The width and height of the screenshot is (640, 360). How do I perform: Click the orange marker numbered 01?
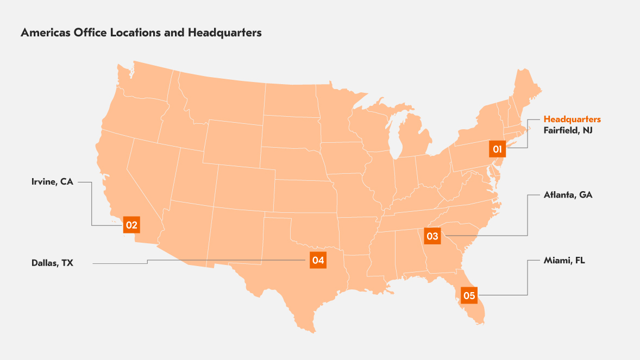tap(497, 148)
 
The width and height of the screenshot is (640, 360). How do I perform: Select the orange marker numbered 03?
tap(432, 236)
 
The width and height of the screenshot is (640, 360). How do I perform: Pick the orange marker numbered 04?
tap(318, 261)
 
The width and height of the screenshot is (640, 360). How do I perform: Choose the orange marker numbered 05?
tap(469, 295)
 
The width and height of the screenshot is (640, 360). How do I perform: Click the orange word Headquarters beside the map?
tap(572, 119)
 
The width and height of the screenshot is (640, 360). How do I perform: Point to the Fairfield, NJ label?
tap(568, 130)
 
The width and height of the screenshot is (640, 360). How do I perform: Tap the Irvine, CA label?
tap(52, 182)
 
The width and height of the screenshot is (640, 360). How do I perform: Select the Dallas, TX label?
tap(52, 263)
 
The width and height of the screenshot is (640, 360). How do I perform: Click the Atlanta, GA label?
tap(568, 194)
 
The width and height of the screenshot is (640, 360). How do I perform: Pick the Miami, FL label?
tap(564, 261)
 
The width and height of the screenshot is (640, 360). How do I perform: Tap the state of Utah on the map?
tap(193, 174)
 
